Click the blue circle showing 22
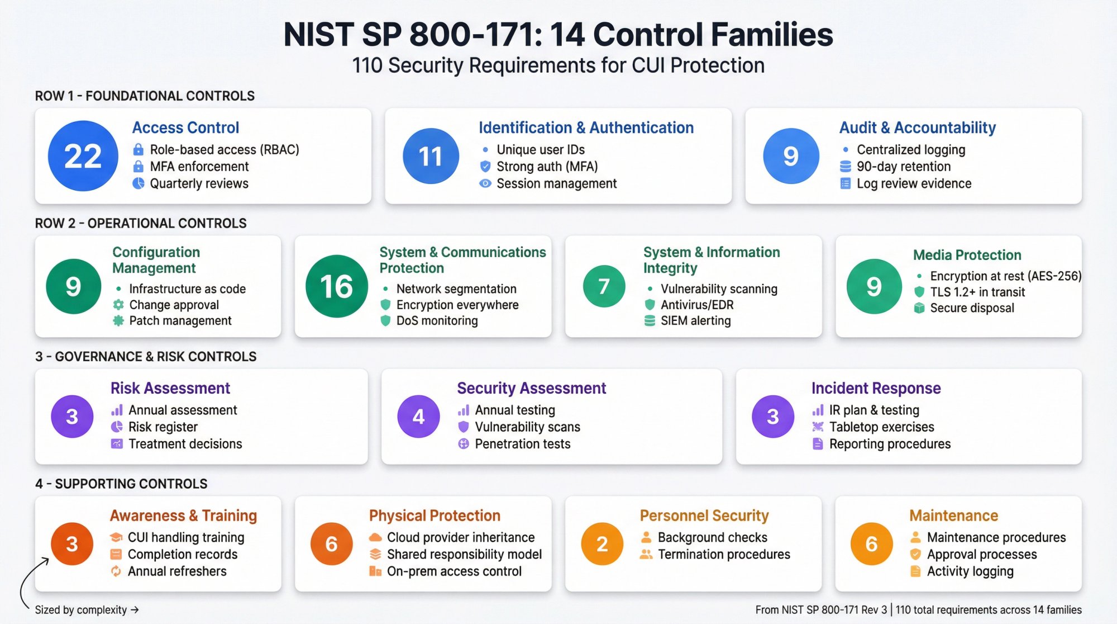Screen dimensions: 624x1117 coord(83,156)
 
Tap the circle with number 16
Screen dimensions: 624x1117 coord(336,286)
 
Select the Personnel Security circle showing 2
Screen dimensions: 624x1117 coord(602,543)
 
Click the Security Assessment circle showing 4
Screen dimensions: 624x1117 coord(418,417)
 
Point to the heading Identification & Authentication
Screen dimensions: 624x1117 coord(586,128)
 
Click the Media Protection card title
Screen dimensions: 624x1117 coord(967,255)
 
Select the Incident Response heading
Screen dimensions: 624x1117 coord(876,388)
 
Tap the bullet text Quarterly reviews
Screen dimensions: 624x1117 coord(199,183)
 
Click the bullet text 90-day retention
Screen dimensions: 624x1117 coord(903,167)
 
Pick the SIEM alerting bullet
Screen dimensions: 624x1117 coord(695,321)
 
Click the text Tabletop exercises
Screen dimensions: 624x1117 coord(881,427)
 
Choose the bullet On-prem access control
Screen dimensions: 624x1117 coord(454,571)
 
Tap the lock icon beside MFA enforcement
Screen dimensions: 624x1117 coord(138,167)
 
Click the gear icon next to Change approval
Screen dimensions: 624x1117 coord(118,305)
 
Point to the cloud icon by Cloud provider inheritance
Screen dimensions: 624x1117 coord(375,537)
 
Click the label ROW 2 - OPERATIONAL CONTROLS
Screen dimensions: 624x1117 coord(141,224)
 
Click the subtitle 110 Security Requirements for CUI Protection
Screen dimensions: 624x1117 coord(558,65)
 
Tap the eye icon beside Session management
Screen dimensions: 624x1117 coord(485,183)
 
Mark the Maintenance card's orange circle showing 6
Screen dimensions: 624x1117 coord(871,543)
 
